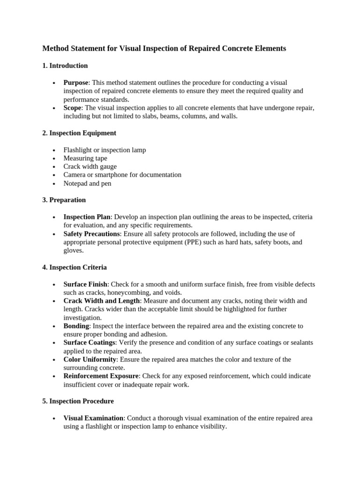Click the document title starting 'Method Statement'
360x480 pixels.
pos(164,48)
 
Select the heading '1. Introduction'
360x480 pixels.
pos(65,66)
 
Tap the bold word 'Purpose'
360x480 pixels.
pos(75,82)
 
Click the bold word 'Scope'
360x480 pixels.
pos(72,108)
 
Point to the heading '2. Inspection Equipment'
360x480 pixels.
pos(79,133)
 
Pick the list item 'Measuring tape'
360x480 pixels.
pos(85,158)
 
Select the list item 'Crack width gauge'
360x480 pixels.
pos(90,166)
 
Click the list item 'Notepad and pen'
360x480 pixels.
pos(87,183)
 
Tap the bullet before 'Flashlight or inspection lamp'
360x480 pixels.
pos(54,150)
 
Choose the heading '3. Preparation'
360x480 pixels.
pos(64,200)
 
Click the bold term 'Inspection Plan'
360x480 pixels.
pos(87,217)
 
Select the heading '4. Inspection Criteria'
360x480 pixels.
pos(75,268)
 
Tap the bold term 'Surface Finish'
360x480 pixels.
pos(85,285)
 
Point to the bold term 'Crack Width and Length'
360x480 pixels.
pos(102,301)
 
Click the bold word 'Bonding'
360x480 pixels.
pos(76,326)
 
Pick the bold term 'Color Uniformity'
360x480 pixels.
pos(90,360)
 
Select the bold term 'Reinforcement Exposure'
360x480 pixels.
pos(101,376)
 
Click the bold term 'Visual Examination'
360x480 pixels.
pos(93,418)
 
